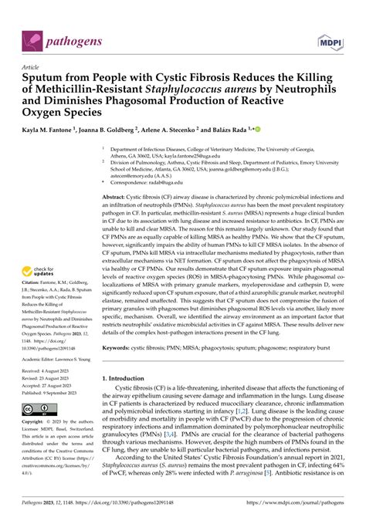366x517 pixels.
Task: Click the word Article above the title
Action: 34,67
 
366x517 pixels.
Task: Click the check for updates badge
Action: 39,250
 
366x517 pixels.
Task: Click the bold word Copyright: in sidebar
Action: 36,424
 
